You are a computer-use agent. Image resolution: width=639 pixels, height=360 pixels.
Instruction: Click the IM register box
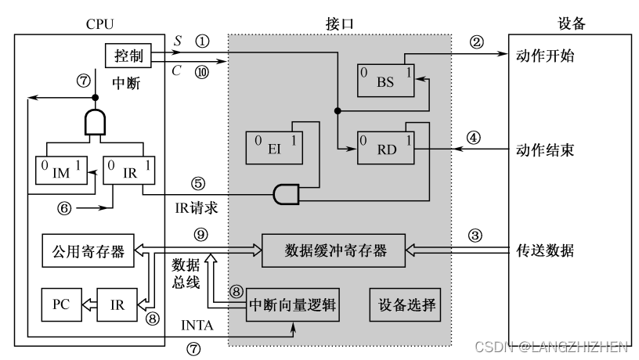pyautogui.click(x=60, y=171)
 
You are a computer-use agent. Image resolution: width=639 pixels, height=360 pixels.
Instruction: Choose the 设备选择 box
pyautogui.click(x=404, y=304)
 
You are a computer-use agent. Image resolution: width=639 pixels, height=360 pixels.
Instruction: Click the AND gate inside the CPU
pyautogui.click(x=96, y=123)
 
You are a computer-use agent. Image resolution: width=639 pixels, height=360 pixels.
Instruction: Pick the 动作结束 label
pyautogui.click(x=546, y=147)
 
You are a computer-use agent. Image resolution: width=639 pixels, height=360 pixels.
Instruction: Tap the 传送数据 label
pyautogui.click(x=546, y=250)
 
